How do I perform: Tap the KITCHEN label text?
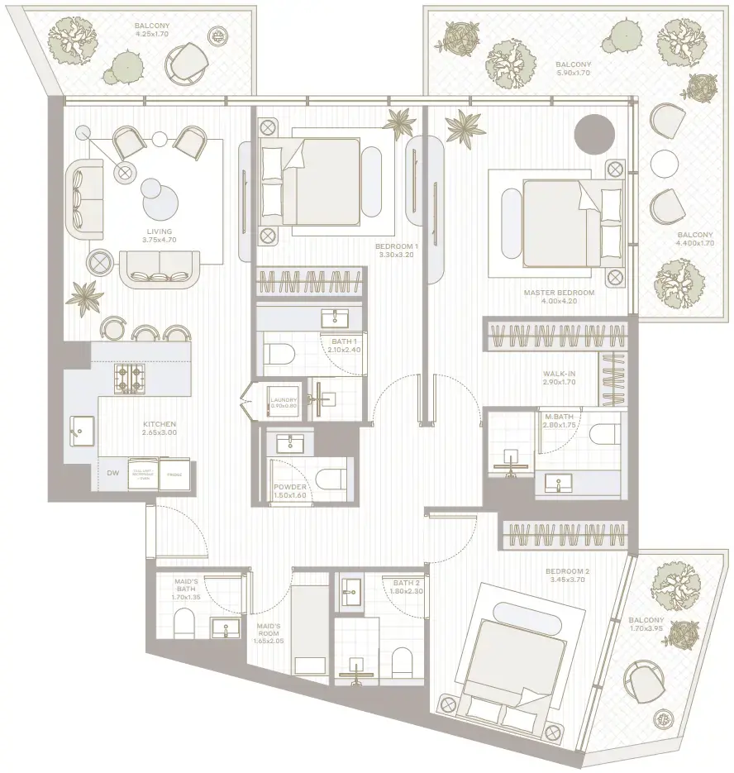158,424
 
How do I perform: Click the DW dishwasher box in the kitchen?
112,474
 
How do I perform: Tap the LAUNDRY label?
283,401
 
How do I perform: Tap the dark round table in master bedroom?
594,132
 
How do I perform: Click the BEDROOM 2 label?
567,572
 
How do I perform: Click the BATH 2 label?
408,583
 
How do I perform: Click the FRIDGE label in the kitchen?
174,475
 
